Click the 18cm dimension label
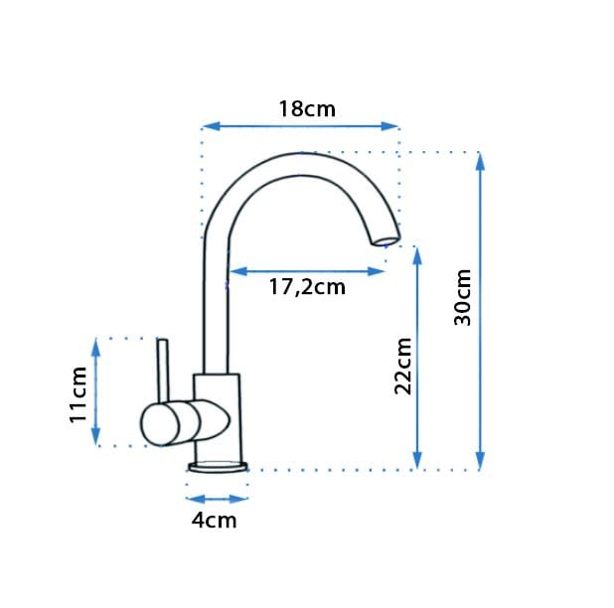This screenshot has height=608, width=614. pos(307,109)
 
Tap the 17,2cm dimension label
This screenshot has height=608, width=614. pos(307,287)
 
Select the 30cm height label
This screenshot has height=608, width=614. pos(462,297)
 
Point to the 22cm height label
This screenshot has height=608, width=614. pos(403,366)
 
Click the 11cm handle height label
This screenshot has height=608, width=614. pos(77,394)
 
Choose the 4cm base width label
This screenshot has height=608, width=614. pos(215,521)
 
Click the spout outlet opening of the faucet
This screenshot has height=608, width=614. pos(386,239)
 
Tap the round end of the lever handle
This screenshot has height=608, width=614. pos(160,425)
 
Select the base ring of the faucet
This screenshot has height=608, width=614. pos(219,467)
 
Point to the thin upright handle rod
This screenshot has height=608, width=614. pos(163,371)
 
